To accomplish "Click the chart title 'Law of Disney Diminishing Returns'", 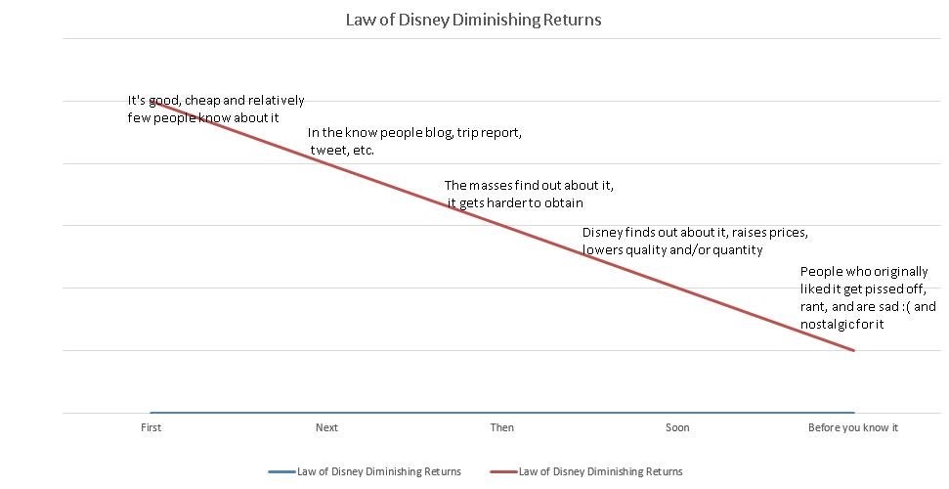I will click(473, 20).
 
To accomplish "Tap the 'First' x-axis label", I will click(151, 427).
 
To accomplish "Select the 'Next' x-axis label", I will click(326, 427).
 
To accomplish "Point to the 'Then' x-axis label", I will click(501, 427).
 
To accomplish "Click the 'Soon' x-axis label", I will click(677, 427).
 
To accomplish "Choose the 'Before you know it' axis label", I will click(852, 427).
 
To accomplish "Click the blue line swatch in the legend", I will click(281, 471).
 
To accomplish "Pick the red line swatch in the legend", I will click(503, 471).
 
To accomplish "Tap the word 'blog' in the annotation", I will click(439, 133).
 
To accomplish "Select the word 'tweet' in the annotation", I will click(326, 151).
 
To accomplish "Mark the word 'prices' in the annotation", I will click(790, 233).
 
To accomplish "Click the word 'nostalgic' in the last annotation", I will click(826, 324).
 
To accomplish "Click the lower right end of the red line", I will click(854, 350).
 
